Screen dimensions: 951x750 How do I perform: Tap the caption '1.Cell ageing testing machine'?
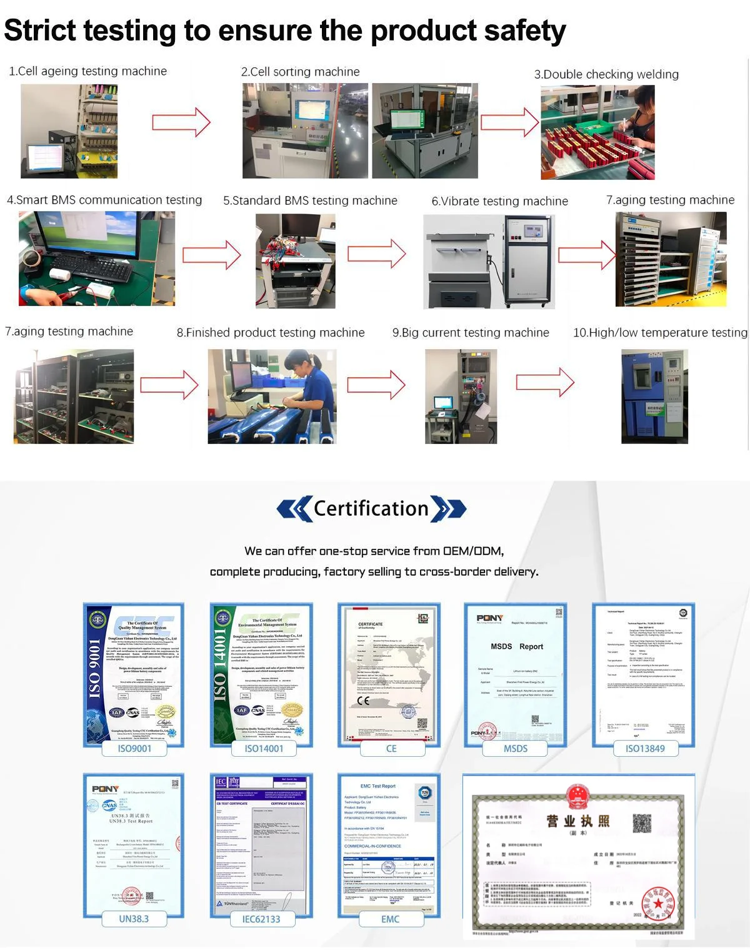click(x=87, y=71)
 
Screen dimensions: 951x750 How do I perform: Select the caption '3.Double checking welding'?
click(x=606, y=74)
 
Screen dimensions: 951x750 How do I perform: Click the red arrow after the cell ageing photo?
click(x=181, y=122)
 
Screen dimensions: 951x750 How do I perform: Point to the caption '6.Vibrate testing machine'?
click(x=499, y=201)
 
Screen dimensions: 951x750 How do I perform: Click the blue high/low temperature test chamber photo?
click(x=654, y=397)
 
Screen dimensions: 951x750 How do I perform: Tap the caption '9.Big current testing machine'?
click(x=470, y=333)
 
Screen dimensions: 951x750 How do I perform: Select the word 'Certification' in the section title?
click(x=371, y=508)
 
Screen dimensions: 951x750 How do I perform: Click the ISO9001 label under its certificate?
click(x=134, y=748)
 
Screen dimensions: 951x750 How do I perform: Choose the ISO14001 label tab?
click(x=264, y=748)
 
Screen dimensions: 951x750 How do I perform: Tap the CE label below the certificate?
click(x=391, y=748)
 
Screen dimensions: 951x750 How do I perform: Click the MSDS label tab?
click(x=516, y=748)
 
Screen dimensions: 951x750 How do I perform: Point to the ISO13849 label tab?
click(x=645, y=748)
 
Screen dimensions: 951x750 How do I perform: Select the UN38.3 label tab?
click(x=134, y=919)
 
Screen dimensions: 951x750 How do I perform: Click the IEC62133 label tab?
click(x=261, y=919)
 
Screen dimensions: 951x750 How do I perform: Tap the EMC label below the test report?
click(x=390, y=919)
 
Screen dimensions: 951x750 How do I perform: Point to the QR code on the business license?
click(x=641, y=823)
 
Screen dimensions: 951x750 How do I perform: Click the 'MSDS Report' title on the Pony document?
click(x=516, y=646)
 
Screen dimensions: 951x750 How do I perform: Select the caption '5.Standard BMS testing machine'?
click(x=310, y=200)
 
